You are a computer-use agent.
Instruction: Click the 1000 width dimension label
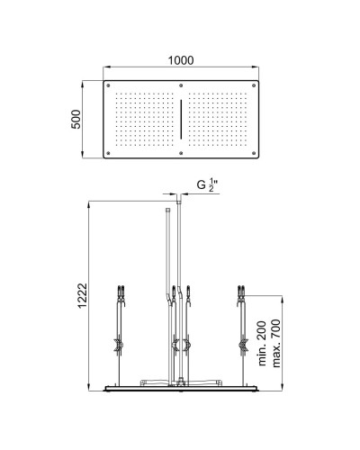181,59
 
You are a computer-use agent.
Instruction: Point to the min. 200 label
262,346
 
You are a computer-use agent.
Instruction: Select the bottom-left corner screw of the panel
111,153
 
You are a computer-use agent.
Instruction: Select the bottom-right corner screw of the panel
251,153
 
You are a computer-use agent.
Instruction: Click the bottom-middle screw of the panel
181,153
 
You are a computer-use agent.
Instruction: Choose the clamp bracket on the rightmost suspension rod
243,343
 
